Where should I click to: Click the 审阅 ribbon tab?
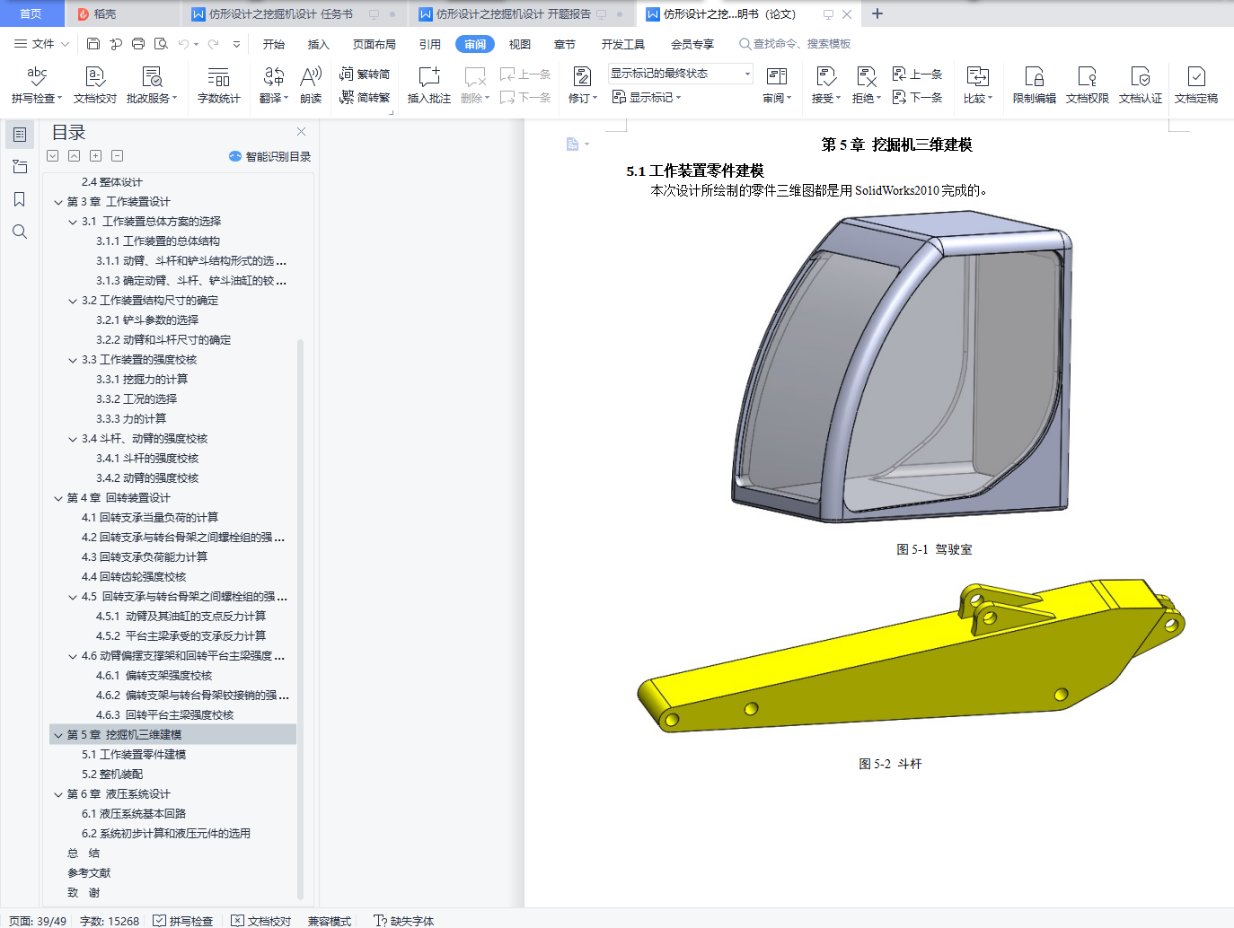474,44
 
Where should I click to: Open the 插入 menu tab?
318,44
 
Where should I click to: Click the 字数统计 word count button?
219,85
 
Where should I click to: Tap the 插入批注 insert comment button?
429,85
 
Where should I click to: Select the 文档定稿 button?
1195,85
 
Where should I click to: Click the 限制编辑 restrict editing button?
1034,85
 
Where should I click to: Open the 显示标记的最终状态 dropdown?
680,74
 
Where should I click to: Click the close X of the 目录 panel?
302,131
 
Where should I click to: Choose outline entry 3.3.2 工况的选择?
137,398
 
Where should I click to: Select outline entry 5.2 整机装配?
112,775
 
